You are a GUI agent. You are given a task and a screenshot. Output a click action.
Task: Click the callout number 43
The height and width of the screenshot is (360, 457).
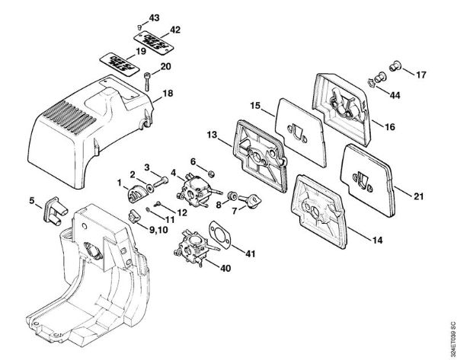(155, 17)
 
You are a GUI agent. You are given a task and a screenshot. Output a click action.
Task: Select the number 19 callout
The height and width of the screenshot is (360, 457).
(140, 52)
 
